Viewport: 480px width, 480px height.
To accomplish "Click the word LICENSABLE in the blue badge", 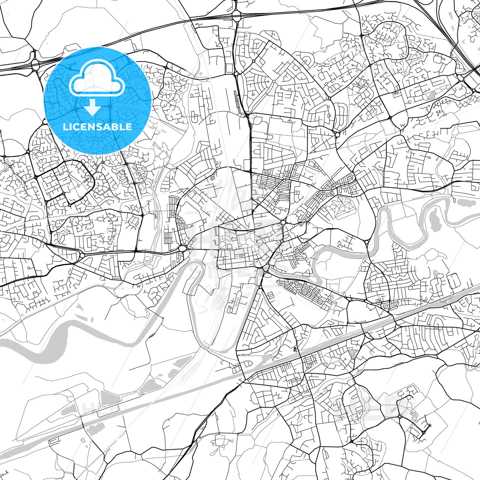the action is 97,127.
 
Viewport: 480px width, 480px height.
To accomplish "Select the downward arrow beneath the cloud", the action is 92,107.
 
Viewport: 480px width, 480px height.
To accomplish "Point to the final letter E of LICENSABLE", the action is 129,127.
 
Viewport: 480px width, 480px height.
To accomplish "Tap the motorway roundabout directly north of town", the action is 237,14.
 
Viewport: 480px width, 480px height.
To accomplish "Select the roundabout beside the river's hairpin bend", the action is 183,249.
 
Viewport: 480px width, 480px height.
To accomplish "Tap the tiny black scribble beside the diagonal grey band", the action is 295,349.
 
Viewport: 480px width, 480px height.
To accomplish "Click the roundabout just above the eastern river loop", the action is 367,242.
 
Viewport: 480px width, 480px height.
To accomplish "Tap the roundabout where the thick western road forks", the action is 82,256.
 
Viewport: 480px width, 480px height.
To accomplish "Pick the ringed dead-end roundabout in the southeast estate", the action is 430,425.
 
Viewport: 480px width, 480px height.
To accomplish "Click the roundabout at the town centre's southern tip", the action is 266,268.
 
